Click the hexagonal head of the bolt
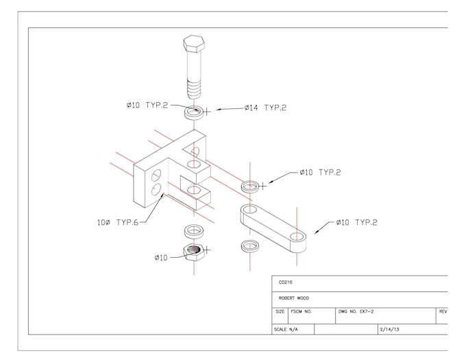[x=194, y=43]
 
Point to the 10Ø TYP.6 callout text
[x=118, y=222]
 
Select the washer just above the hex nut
[x=195, y=231]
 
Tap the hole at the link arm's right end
[x=297, y=236]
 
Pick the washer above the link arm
[x=251, y=186]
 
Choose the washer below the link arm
[x=251, y=245]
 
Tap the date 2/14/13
[x=389, y=329]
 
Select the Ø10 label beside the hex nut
[x=160, y=257]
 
